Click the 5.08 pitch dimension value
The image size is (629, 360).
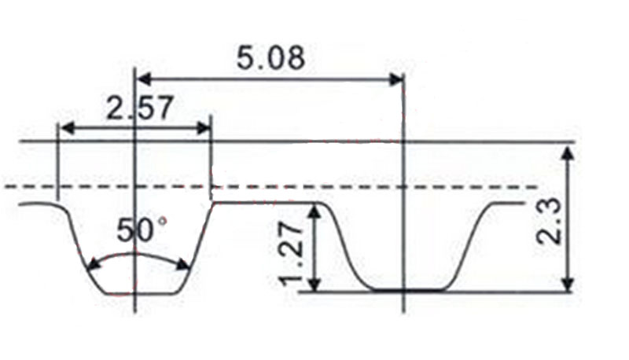click(270, 59)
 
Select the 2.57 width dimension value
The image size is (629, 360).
click(138, 108)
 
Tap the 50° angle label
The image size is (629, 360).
click(142, 231)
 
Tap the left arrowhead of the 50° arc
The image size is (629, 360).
click(90, 266)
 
